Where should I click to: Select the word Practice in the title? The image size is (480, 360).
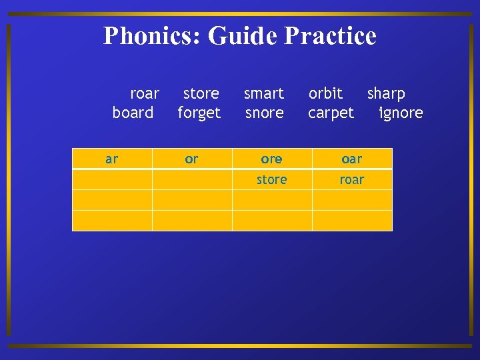tap(330, 36)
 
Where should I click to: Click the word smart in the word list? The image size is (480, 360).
tap(264, 93)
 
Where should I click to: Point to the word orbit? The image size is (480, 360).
tap(325, 93)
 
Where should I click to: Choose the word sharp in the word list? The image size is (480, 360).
tap(386, 93)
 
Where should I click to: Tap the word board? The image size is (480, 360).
tap(133, 113)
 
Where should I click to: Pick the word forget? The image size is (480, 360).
tap(199, 113)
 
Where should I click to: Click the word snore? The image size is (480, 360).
tap(265, 113)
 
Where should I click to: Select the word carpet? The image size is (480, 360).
tap(331, 113)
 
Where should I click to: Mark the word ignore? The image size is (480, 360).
tap(401, 113)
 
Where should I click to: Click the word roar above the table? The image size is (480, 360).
tap(145, 93)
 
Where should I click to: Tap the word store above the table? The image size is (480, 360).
tap(201, 93)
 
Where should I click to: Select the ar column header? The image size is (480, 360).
tap(112, 159)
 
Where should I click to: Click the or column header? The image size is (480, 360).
tap(191, 159)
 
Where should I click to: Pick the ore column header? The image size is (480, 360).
tap(271, 159)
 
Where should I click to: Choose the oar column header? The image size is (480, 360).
tap(351, 159)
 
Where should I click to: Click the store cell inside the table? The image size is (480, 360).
tap(272, 179)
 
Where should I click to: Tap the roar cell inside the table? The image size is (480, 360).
tap(352, 179)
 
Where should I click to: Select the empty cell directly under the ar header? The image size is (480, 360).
tap(112, 179)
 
